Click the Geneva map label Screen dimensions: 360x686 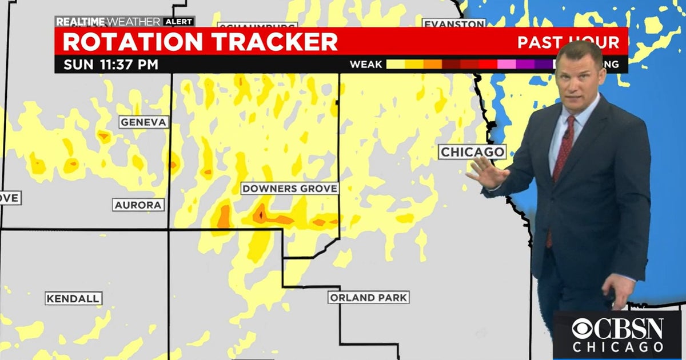pyautogui.click(x=144, y=122)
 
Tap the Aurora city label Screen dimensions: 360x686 pyautogui.click(x=138, y=205)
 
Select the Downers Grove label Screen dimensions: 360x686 pyautogui.click(x=290, y=189)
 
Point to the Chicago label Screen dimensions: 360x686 pyautogui.click(x=472, y=152)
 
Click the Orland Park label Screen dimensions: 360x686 pyautogui.click(x=369, y=298)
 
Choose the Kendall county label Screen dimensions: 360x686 pyautogui.click(x=74, y=298)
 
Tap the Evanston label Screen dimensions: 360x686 pyautogui.click(x=454, y=24)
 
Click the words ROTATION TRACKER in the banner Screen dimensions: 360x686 pyautogui.click(x=200, y=42)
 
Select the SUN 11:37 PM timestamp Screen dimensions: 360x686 pyautogui.click(x=111, y=64)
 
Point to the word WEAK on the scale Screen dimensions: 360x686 pyautogui.click(x=366, y=64)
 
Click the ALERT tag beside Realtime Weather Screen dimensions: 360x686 pyautogui.click(x=179, y=22)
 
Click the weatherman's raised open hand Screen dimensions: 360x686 pyautogui.click(x=486, y=173)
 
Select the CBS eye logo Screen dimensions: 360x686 pyautogui.click(x=583, y=329)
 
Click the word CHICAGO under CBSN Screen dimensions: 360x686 pyautogui.click(x=618, y=347)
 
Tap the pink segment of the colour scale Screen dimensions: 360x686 pyautogui.click(x=506, y=64)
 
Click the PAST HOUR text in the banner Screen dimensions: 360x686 pyautogui.click(x=568, y=42)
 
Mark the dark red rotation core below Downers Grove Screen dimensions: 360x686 pyautogui.click(x=260, y=215)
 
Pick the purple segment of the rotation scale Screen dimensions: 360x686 pyautogui.click(x=526, y=64)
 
